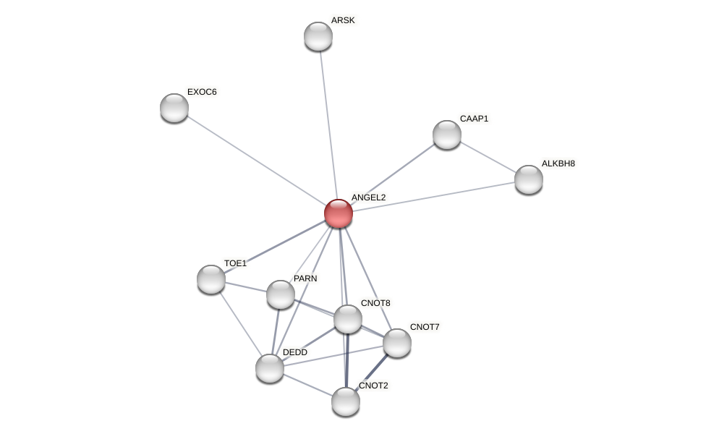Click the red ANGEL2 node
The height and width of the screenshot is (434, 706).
[x=338, y=213]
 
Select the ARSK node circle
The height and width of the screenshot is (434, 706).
[x=318, y=36]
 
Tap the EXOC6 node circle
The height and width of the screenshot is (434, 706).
[x=174, y=108]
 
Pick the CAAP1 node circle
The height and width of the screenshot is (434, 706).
[x=447, y=135]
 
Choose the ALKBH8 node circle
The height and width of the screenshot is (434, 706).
[x=529, y=179]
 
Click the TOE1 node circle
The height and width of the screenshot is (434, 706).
[x=211, y=279]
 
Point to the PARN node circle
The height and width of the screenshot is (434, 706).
[x=281, y=294]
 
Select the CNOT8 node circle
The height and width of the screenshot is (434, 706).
[x=348, y=319]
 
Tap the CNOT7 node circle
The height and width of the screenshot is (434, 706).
[x=397, y=343]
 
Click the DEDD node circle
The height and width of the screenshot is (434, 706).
[x=270, y=368]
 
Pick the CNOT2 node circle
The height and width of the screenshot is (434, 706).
[x=346, y=401]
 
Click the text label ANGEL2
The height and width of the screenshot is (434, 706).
[x=368, y=197]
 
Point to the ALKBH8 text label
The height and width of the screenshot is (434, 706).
[x=558, y=163]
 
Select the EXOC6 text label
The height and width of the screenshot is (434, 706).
[x=202, y=92]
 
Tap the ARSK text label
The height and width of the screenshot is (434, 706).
[x=343, y=20]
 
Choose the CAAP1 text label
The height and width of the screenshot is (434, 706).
[x=474, y=119]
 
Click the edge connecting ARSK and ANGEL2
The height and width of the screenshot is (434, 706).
[x=328, y=123]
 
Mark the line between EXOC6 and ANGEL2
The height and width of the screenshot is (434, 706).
[x=253, y=158]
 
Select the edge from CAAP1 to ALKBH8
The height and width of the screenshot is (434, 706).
[x=488, y=157]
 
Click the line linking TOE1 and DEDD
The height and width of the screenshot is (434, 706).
[x=239, y=322]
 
